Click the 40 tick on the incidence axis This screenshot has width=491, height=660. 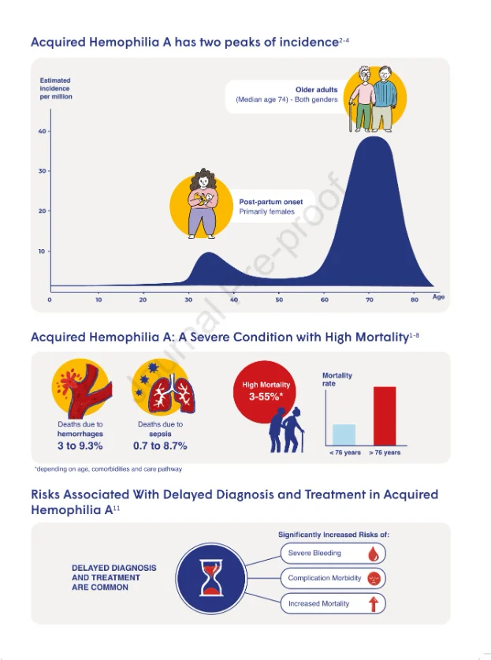tap(42, 132)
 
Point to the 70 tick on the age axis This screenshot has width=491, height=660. tap(370, 300)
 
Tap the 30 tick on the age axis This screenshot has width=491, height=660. tap(188, 300)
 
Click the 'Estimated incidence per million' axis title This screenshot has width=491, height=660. tap(56, 88)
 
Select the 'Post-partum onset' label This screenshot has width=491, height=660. tap(271, 202)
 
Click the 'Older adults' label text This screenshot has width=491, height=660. tap(316, 90)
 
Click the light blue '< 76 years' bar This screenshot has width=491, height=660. tap(344, 434)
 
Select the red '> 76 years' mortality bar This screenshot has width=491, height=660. tap(385, 416)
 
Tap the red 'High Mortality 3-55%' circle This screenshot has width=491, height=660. tap(265, 391)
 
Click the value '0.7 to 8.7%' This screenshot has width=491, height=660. tap(160, 446)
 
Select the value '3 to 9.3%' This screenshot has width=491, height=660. tap(80, 446)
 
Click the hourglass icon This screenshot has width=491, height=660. tap(210, 577)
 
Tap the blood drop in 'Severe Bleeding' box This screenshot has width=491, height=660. tap(374, 554)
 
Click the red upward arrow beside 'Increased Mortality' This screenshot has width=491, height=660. tap(373, 604)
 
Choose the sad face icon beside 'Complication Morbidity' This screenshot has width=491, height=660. tap(374, 578)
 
